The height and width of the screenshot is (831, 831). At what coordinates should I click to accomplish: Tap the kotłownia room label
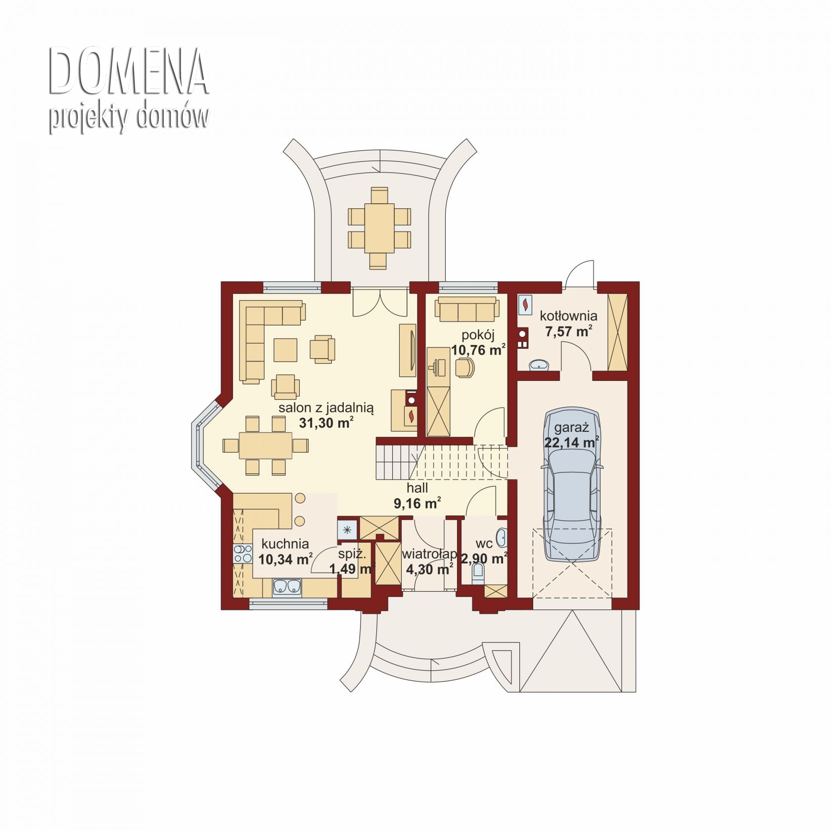[x=568, y=316]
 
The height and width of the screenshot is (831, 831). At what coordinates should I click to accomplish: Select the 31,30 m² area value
[x=326, y=423]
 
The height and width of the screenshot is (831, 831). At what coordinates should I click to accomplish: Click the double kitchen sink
[x=287, y=587]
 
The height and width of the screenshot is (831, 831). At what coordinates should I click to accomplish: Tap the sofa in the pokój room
[x=467, y=309]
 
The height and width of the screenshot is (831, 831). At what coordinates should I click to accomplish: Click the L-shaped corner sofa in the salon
[x=267, y=336]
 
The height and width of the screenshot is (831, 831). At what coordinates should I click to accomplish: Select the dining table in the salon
[x=266, y=446]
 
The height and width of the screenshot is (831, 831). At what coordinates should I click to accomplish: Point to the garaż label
[x=571, y=427]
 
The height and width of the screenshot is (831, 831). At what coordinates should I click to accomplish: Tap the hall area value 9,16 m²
[x=417, y=504]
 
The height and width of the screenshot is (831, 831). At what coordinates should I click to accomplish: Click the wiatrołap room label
[x=429, y=554]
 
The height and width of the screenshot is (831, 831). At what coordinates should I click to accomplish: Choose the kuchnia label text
[x=285, y=544]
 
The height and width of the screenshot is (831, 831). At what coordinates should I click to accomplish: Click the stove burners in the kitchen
[x=242, y=554]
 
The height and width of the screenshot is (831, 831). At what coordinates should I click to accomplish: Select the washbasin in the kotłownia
[x=539, y=365]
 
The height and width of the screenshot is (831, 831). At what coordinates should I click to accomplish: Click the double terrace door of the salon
[x=380, y=302]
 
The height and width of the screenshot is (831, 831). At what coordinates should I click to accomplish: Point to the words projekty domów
[x=129, y=118]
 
